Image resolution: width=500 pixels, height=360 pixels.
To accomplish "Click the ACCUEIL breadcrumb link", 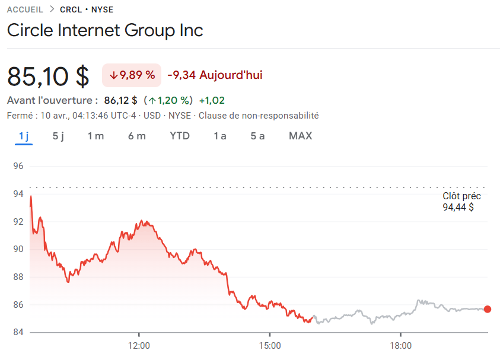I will [24, 9].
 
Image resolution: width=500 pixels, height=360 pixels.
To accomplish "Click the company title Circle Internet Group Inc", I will [105, 30].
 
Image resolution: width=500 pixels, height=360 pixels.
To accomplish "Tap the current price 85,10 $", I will [48, 76].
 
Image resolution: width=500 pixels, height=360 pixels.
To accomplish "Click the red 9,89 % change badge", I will [132, 75].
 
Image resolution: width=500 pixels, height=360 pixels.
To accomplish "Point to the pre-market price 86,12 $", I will [120, 100].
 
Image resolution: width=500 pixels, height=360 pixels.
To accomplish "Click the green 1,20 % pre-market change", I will [170, 100].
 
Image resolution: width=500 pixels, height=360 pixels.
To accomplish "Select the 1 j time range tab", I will [24, 136].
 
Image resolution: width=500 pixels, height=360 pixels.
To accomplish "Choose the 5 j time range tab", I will [58, 136].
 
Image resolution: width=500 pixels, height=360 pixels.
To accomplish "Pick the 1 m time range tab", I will [95, 136].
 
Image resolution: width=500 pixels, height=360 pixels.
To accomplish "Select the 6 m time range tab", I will [136, 136].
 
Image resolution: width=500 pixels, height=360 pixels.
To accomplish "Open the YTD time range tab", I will [180, 136].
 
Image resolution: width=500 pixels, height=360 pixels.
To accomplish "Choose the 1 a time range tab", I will [220, 136].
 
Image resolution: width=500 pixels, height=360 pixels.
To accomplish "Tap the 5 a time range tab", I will [257, 136].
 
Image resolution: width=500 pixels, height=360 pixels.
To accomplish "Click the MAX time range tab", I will [300, 136].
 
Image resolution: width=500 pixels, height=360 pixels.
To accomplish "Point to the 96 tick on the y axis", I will [18, 166].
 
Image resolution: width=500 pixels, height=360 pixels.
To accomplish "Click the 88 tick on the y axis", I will [18, 277].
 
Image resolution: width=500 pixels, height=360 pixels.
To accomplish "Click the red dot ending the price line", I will [488, 309].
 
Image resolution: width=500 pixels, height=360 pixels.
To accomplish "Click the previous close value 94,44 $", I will [458, 208].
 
